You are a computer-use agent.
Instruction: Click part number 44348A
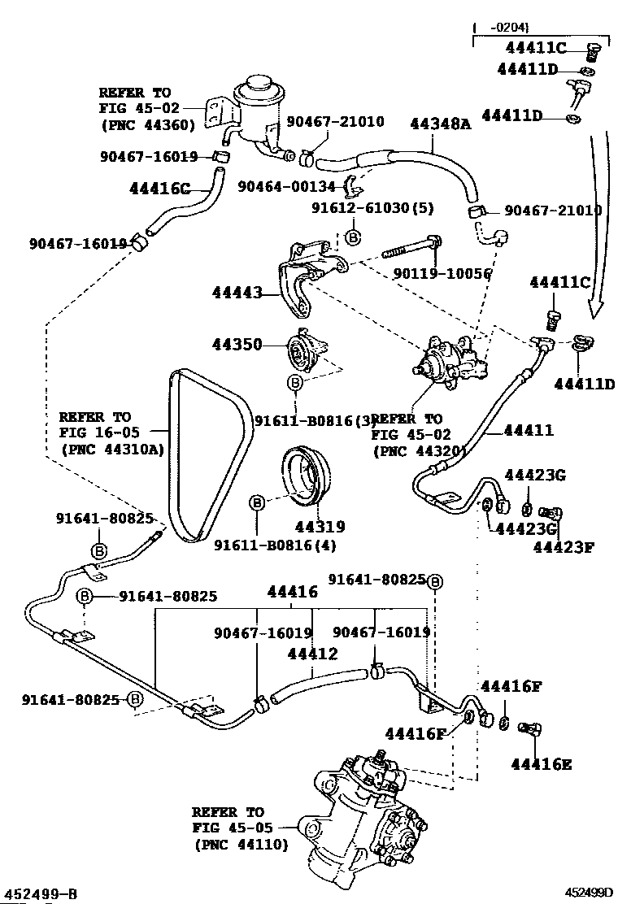[440, 123]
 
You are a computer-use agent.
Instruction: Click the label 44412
[312, 652]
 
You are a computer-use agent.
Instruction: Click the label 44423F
[563, 546]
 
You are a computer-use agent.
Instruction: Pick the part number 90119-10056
[446, 273]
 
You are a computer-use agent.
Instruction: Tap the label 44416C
[159, 189]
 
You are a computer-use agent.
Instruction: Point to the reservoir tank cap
[258, 84]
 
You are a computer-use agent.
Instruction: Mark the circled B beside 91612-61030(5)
[353, 237]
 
